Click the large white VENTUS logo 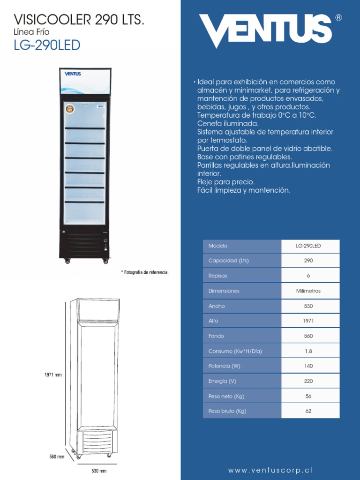[x=265, y=30]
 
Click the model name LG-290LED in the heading [x=47, y=45]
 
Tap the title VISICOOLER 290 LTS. [x=79, y=20]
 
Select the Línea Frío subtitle [x=31, y=32]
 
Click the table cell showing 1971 [x=308, y=321]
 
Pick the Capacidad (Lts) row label [x=228, y=261]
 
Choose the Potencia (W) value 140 [x=308, y=366]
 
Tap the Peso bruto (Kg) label [x=227, y=411]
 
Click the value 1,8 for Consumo [x=308, y=351]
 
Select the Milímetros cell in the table [x=308, y=291]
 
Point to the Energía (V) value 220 [x=308, y=381]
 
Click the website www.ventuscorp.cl [x=270, y=470]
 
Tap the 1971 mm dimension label [x=53, y=375]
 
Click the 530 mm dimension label [x=98, y=471]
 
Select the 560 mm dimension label [x=57, y=457]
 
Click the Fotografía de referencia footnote [x=145, y=272]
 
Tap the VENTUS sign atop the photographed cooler [x=73, y=74]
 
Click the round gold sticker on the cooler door [x=70, y=109]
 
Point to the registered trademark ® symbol [x=338, y=18]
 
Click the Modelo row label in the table [x=218, y=246]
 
